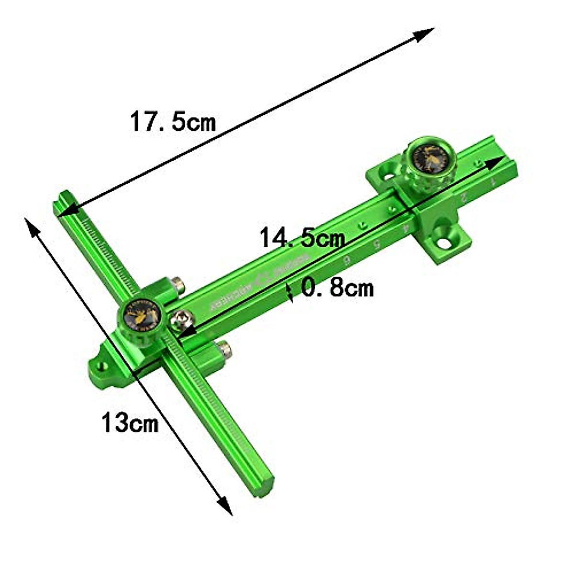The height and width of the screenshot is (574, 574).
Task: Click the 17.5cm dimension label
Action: pyautogui.click(x=173, y=122)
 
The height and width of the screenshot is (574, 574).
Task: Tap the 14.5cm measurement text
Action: pyautogui.click(x=301, y=238)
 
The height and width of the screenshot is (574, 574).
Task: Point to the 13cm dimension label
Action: pyautogui.click(x=130, y=422)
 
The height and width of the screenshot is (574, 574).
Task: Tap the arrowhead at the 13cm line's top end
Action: pyautogui.click(x=31, y=227)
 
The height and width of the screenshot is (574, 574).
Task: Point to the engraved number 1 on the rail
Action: pyautogui.click(x=490, y=181)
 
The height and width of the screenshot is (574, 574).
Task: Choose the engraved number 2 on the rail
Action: pyautogui.click(x=462, y=197)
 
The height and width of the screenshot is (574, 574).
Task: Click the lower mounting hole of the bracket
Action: pyautogui.click(x=444, y=243)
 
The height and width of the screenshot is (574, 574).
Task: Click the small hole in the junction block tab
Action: pyautogui.click(x=102, y=366)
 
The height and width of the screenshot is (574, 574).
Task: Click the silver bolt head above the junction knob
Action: pyautogui.click(x=178, y=285)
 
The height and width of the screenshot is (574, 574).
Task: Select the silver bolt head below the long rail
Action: pyautogui.click(x=225, y=349)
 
